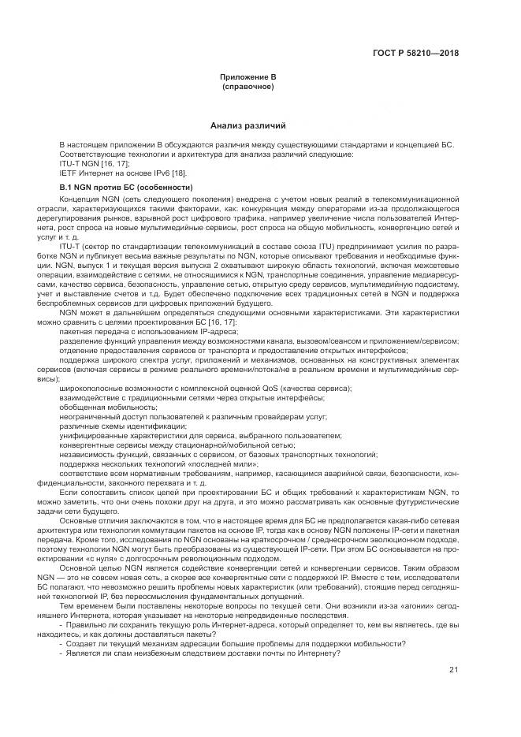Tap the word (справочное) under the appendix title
click(x=247, y=87)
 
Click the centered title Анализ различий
click(x=247, y=125)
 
